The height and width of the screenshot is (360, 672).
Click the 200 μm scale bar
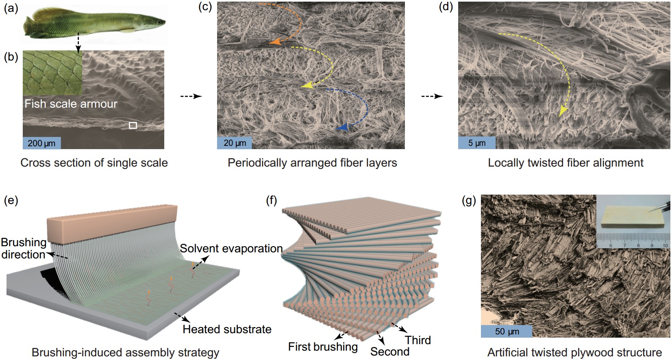pos(42,143)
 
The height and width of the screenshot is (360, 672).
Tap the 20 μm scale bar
pos(235,143)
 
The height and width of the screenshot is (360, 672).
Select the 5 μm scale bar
pos(476,143)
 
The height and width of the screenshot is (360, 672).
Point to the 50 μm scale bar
pos(507,331)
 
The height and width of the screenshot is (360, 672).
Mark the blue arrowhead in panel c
pos(342,128)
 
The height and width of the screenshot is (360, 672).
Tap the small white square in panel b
pos(133,126)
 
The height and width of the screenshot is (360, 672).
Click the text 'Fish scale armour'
pos(71,104)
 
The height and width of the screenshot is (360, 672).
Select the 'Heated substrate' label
pos(227,329)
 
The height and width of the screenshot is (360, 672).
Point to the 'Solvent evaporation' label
pos(231,248)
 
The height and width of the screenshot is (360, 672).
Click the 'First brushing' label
pos(323,347)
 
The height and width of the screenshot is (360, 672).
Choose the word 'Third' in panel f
pos(418,340)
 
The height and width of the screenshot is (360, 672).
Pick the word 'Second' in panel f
pos(389,351)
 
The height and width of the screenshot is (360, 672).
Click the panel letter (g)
pos(469,200)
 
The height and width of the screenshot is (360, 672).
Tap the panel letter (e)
pos(11,200)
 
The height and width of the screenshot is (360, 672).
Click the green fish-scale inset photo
pos(52,73)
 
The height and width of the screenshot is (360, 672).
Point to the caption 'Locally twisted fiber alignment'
pos(565,163)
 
